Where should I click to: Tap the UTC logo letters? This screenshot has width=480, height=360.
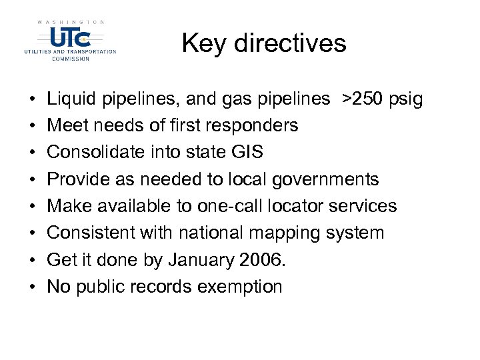pos(70,37)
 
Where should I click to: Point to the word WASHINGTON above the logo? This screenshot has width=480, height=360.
pos(71,22)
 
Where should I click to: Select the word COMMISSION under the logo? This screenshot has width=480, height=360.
pos(71,58)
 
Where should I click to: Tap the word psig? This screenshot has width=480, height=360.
pos(407,99)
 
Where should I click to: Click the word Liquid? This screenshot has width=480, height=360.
pos(71,99)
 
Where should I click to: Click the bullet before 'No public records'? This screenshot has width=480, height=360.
pos(33,287)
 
